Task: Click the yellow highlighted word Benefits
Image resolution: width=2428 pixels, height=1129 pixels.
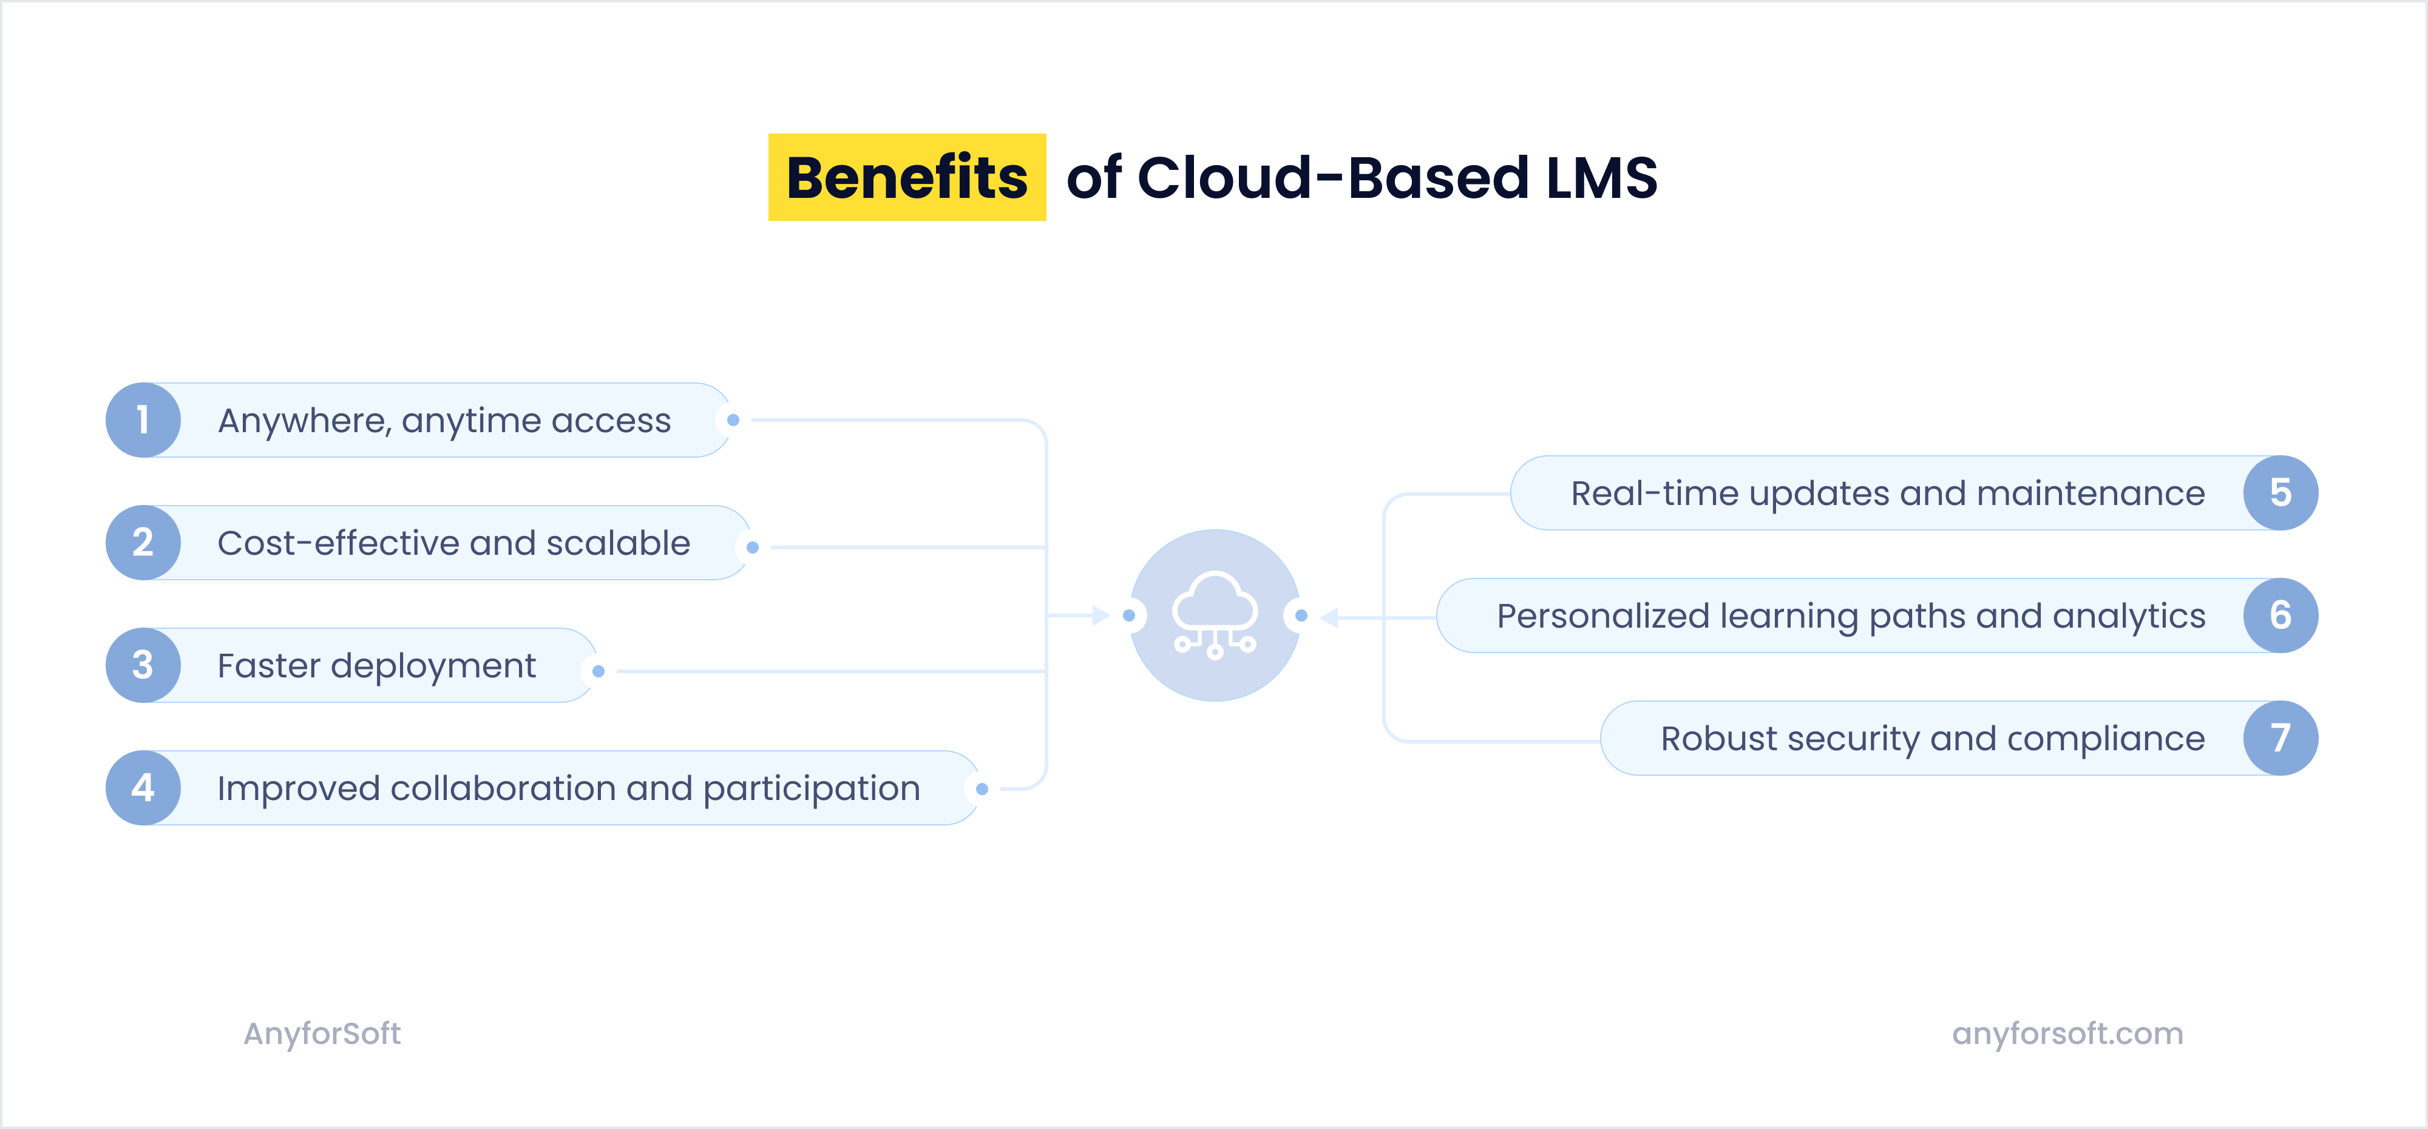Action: [907, 177]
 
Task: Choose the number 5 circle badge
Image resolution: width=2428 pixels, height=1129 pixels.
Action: [2280, 493]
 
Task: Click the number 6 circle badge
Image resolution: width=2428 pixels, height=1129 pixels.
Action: [2280, 615]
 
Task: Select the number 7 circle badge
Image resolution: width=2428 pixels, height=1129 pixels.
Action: [2280, 738]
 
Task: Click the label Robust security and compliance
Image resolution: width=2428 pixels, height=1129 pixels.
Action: [1932, 739]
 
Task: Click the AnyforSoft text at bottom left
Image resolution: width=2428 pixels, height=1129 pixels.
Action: [322, 1034]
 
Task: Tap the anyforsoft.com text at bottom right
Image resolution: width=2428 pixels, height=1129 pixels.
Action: [2067, 1034]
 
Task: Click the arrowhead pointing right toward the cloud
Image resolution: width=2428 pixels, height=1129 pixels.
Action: [1100, 615]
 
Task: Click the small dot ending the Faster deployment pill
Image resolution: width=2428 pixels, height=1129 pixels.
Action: [599, 671]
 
